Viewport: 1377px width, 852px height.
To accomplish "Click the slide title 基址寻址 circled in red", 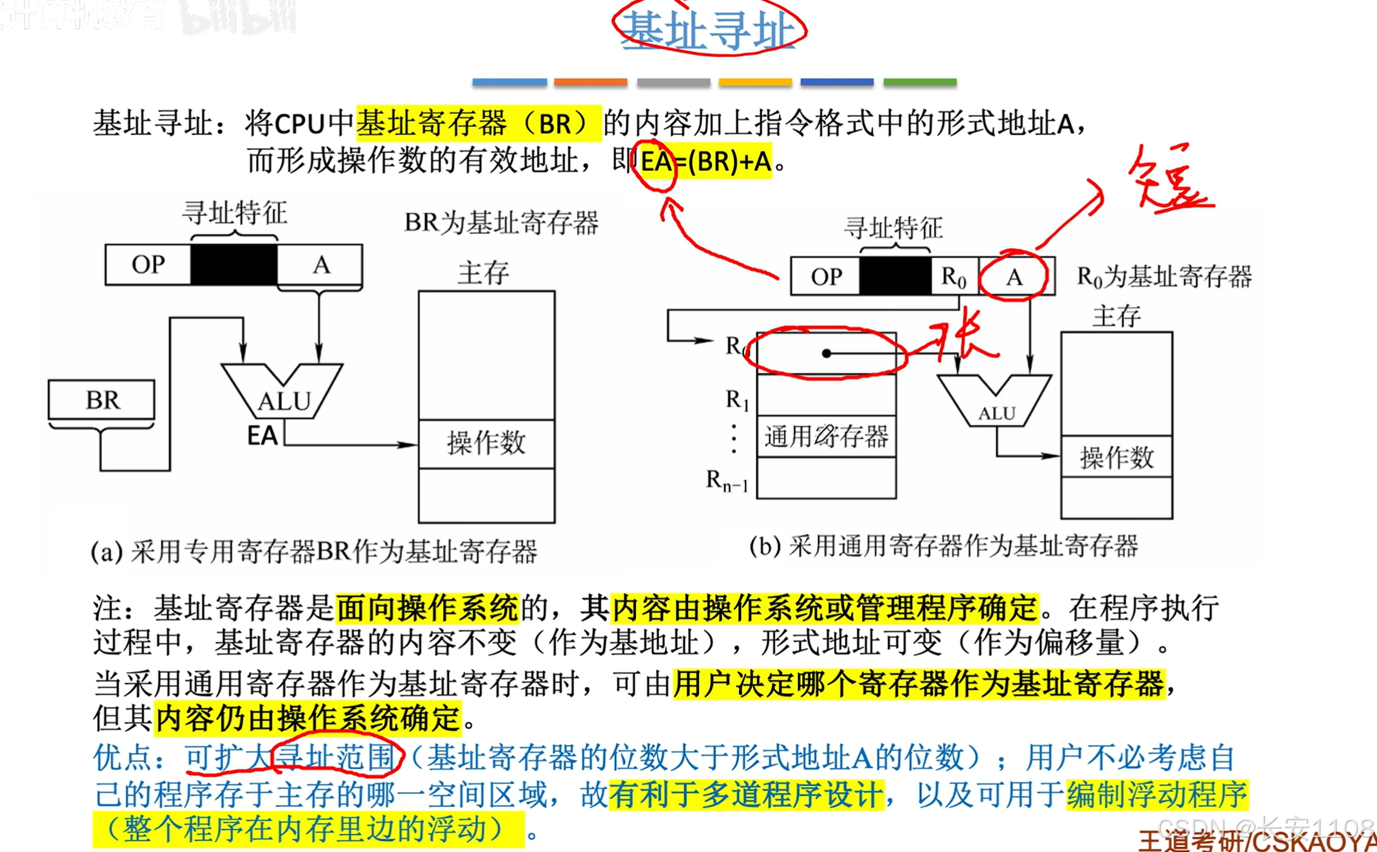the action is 709,30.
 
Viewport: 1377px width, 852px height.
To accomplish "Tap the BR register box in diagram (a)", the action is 102,399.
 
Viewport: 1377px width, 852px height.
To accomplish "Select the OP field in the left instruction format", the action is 148,264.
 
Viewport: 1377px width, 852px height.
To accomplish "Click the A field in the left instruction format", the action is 320,264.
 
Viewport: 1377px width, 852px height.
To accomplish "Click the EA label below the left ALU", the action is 262,436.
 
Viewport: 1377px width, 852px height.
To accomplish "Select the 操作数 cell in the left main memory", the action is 486,444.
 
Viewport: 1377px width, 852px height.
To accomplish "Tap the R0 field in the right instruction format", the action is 954,277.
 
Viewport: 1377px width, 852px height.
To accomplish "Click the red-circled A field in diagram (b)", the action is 1014,277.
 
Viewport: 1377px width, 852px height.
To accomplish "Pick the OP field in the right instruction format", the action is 826,277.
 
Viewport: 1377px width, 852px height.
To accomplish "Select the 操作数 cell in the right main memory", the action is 1117,458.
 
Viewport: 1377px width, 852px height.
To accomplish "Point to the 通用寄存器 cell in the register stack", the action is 826,437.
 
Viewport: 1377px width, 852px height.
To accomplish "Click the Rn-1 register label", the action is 727,480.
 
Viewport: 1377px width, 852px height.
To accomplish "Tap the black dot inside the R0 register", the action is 826,353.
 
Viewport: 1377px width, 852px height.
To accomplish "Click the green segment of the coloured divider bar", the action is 920,82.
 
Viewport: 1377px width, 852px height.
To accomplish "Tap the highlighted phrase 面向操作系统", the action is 427,608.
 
